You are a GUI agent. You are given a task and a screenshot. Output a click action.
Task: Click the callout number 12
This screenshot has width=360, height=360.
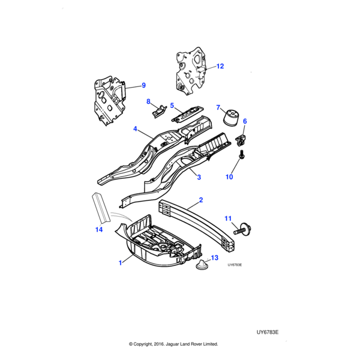pyautogui.click(x=220, y=66)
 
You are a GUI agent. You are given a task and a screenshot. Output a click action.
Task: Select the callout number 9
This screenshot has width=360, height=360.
pyautogui.click(x=143, y=85)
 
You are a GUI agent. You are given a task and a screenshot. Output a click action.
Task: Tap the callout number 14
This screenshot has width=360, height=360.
pyautogui.click(x=99, y=230)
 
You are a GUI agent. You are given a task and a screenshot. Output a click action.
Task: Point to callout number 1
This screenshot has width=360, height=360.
pyautogui.click(x=121, y=262)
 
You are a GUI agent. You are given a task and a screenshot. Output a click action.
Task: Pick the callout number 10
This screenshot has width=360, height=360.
pyautogui.click(x=229, y=177)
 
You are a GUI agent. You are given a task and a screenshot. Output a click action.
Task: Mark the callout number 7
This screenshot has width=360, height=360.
pyautogui.click(x=218, y=108)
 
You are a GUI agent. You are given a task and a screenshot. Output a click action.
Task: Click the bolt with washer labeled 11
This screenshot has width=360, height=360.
pyautogui.click(x=246, y=229)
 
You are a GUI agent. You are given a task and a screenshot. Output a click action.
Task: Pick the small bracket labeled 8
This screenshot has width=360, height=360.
pyautogui.click(x=158, y=110)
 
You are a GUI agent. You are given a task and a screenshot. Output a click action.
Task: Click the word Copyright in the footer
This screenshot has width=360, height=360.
pyautogui.click(x=149, y=344)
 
